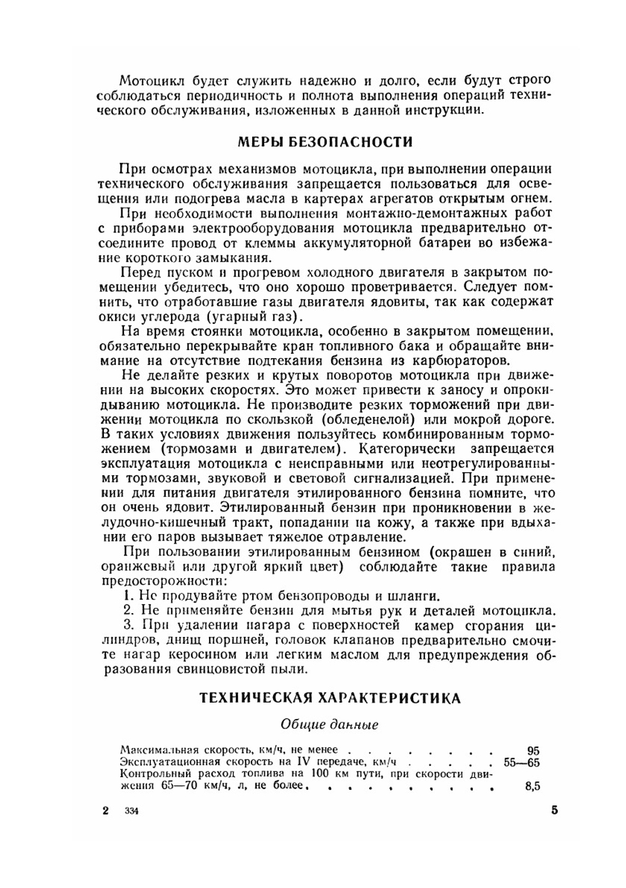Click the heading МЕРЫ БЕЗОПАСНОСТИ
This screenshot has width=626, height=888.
coord(325,142)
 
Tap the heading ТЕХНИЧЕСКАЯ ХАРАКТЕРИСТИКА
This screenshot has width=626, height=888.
coord(330,698)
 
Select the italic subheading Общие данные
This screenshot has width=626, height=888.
coord(329,725)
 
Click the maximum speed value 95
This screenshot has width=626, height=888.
coord(533,750)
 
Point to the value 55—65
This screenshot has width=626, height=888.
coord(521,762)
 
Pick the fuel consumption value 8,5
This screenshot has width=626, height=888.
coord(532,787)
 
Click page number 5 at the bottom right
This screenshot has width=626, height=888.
coord(555,810)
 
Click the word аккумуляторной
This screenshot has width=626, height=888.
coord(362,242)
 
